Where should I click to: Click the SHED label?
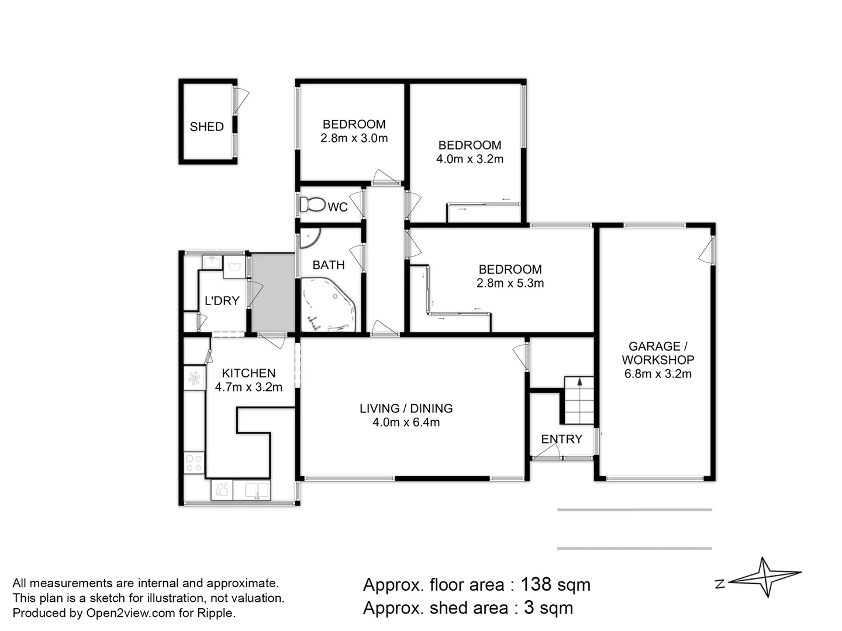pos(206,126)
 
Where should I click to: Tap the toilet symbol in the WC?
pos(313,204)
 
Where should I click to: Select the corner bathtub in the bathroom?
pos(328,304)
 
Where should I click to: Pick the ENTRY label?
pos(561,439)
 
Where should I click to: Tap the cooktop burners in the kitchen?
pos(194,462)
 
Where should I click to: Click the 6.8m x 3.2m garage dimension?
pos(657,373)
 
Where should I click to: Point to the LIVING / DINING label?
pos(406,408)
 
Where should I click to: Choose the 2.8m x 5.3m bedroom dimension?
pos(510,283)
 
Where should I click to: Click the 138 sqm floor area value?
pos(555,585)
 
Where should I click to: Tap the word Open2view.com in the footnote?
pos(130,613)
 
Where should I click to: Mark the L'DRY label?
pos(222,301)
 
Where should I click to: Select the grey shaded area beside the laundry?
pos(272,293)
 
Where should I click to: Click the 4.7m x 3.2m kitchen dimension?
pos(249,387)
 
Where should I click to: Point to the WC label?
pos(337,207)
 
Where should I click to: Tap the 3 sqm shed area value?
pos(548,608)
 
